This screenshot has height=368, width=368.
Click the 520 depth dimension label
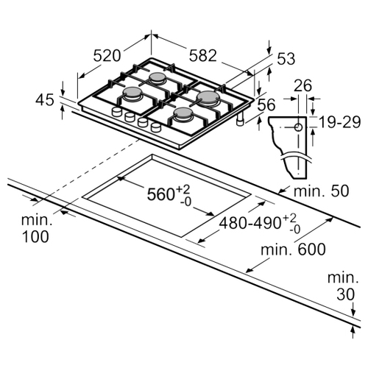tap(107, 56)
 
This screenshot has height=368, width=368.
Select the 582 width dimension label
tap(203, 55)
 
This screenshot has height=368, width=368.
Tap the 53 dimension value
tap(286, 59)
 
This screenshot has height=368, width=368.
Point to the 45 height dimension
tap(45, 100)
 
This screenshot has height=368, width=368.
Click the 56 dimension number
tap(266, 105)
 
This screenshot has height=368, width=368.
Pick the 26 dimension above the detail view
tap(303, 85)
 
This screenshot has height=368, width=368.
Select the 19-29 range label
tap(340, 122)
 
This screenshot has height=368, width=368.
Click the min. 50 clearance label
tap(321, 191)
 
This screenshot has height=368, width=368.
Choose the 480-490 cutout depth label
tap(250, 223)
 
